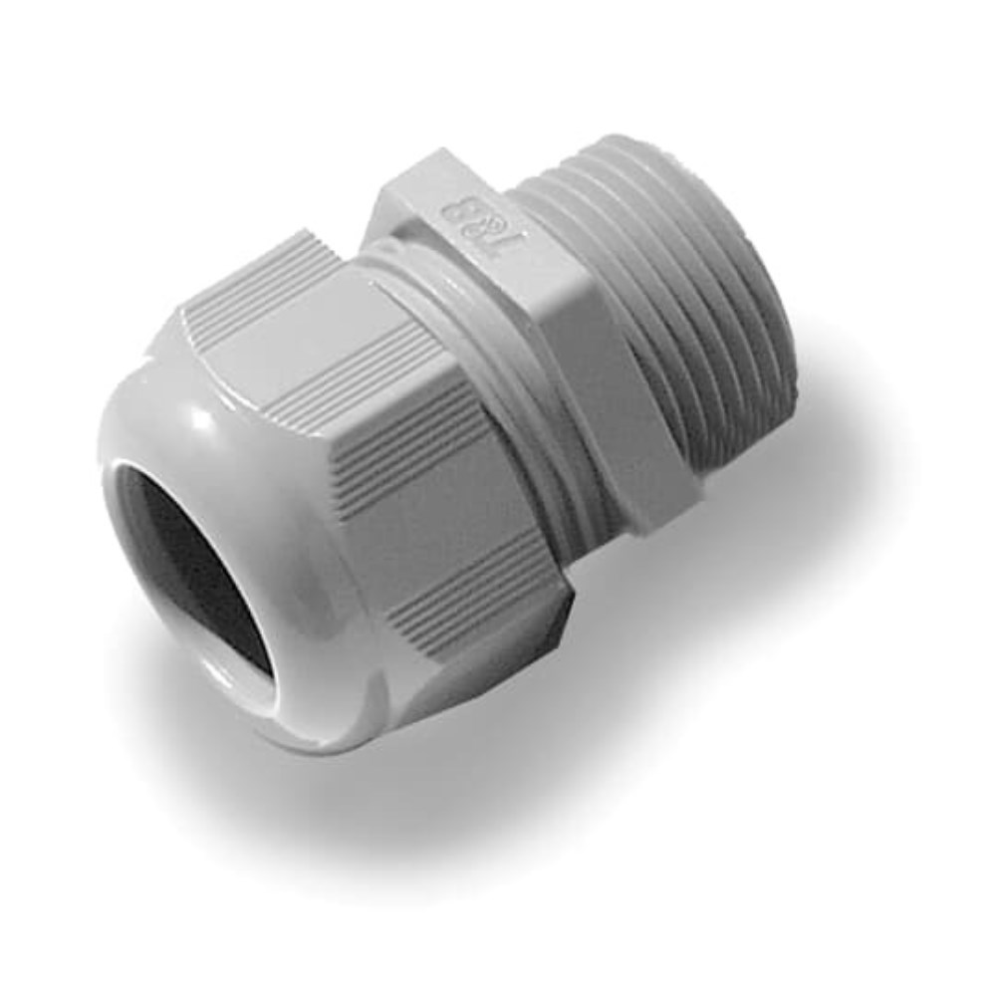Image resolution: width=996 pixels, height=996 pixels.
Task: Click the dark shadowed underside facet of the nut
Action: (518, 647)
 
